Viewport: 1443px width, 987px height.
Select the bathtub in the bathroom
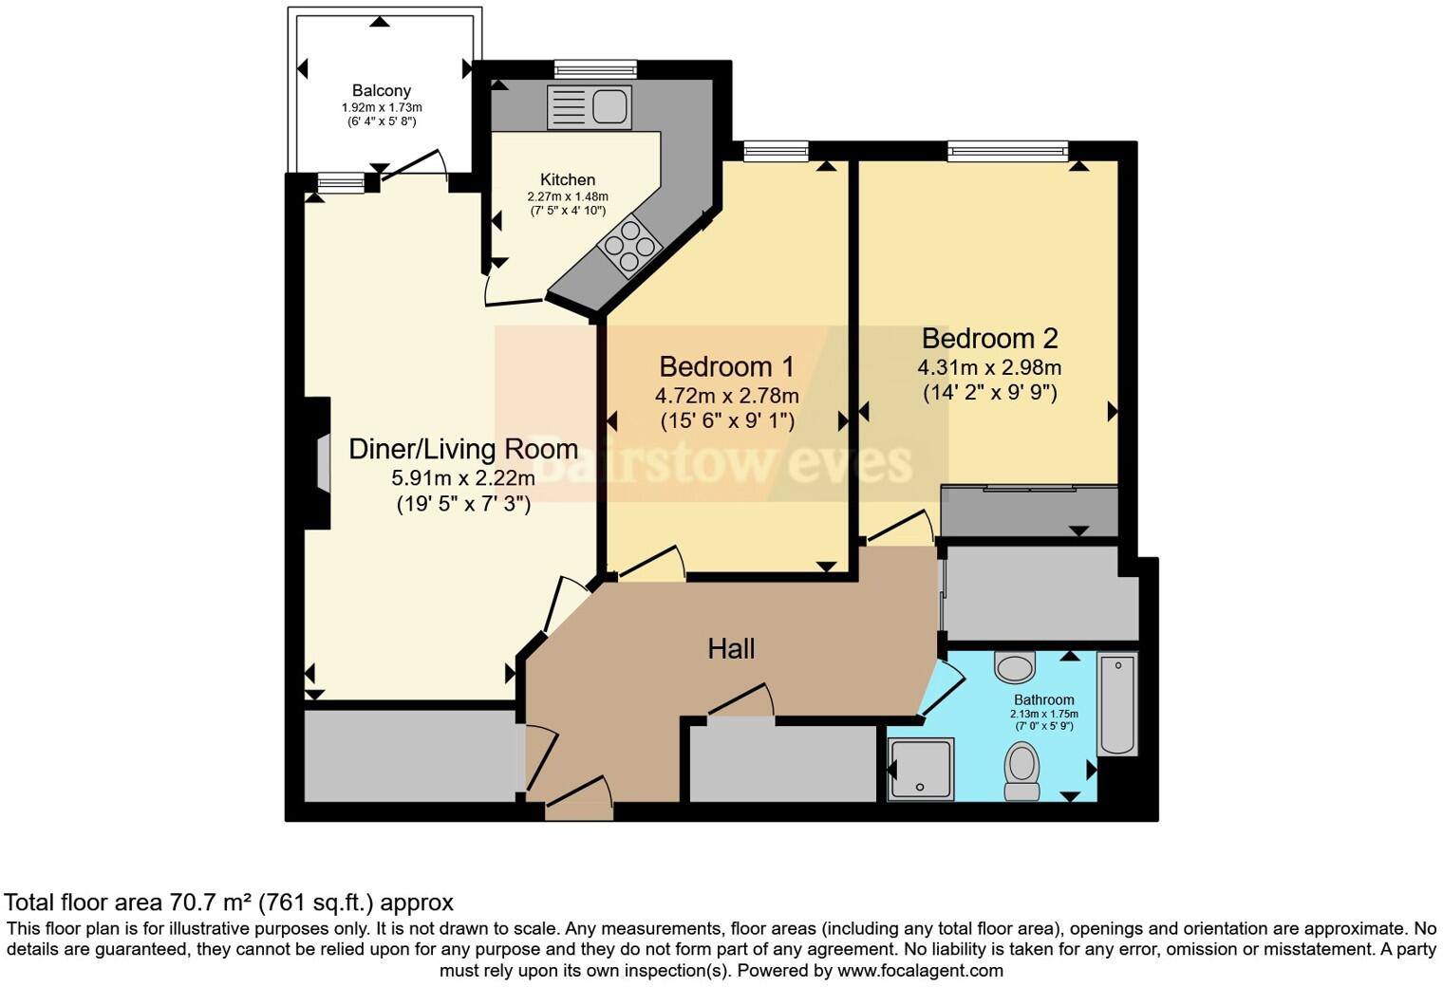point(1117,703)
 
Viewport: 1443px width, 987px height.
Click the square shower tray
point(920,768)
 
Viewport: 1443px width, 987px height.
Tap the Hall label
point(731,649)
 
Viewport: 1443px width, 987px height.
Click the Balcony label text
point(381,91)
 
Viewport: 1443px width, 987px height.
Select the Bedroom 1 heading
point(726,366)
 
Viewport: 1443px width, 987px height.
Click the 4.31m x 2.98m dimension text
point(989,367)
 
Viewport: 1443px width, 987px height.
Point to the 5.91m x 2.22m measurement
point(463,478)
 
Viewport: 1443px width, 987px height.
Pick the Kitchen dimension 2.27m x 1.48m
point(568,196)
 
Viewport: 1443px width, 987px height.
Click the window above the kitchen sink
point(595,68)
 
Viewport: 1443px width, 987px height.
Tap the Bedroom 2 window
point(1007,150)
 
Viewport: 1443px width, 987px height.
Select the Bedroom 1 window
point(776,150)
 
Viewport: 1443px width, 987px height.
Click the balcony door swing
point(416,166)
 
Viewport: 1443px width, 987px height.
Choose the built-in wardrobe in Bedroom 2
point(1030,511)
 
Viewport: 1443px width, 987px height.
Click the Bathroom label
point(1044,699)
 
